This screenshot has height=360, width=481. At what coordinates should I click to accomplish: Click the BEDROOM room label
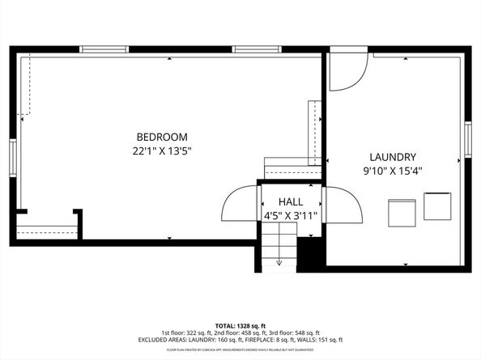point(162,137)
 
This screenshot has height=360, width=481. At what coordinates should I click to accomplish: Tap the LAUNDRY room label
point(393,157)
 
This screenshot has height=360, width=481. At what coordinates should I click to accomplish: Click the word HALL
point(291,201)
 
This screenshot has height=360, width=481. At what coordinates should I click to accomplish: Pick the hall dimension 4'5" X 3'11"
point(291,216)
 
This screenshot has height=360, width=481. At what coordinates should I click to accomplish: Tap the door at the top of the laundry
point(347,71)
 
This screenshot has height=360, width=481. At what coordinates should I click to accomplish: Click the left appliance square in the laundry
point(402,212)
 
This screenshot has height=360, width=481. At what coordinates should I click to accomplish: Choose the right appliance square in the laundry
point(437,206)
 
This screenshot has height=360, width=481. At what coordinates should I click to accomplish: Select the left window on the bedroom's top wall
point(104,49)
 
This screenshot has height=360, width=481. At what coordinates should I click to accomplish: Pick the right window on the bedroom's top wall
point(257,49)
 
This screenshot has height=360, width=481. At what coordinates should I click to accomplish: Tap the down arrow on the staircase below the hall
point(279,260)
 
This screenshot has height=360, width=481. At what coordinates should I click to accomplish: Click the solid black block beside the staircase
point(311,252)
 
